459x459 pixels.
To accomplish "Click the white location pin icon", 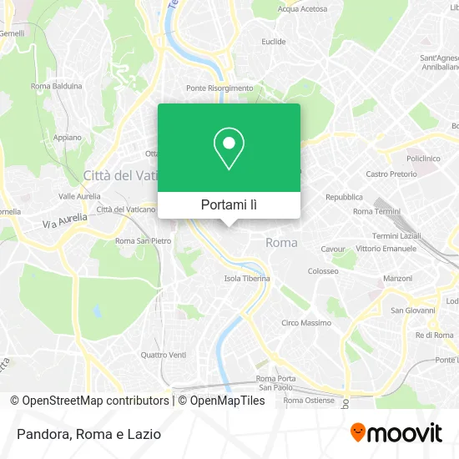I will coord(229,149).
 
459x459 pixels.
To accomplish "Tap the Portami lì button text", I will coord(229,204).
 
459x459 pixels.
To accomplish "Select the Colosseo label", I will coord(323,271).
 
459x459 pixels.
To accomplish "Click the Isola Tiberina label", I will coord(247,279).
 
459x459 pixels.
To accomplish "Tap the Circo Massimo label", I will coord(306,323).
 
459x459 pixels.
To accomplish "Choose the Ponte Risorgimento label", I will coord(219,88).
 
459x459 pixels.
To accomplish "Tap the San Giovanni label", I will coord(409,310).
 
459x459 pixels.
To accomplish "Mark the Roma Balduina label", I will coord(56,86).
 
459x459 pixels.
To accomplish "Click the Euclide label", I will coord(274,41).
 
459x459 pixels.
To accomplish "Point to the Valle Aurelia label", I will coord(79,196).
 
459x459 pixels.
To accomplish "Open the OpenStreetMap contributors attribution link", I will coord(95,401).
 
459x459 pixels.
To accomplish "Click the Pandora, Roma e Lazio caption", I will coord(88,434).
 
